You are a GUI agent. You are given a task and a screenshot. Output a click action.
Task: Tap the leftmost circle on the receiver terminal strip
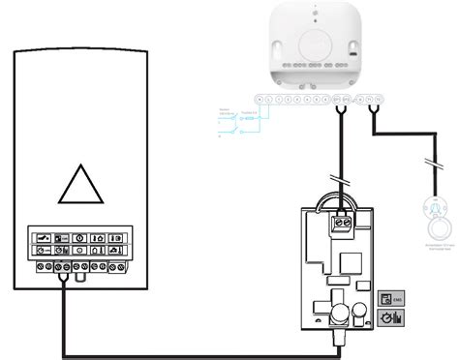256,98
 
